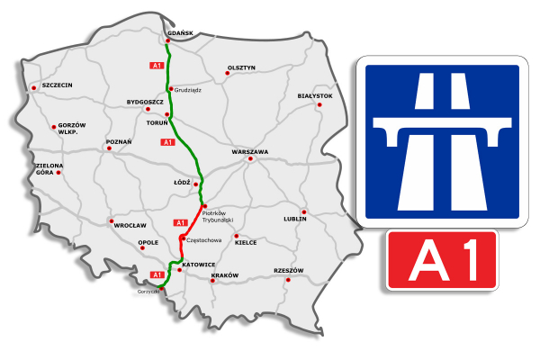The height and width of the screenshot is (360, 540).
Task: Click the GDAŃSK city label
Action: tap(181, 33)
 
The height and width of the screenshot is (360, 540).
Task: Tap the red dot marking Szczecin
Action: tap(34, 88)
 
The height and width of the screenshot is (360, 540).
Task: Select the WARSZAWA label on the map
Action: tap(249, 152)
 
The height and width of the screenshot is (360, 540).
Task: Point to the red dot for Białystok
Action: tap(319, 103)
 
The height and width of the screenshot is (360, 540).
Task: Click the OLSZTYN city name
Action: tap(242, 67)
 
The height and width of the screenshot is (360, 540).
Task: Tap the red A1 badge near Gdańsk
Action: tap(157, 67)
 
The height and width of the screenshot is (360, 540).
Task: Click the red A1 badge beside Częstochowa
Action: tap(179, 222)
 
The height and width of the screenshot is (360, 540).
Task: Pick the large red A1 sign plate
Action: tap(442, 259)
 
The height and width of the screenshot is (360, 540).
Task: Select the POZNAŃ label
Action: tap(119, 141)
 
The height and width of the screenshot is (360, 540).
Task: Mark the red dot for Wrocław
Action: tap(112, 220)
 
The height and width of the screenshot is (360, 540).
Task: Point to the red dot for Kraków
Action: tap(212, 281)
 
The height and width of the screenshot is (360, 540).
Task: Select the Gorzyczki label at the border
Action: tap(148, 292)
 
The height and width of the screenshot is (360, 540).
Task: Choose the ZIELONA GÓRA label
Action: tap(49, 168)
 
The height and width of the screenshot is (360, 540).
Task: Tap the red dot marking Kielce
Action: tap(236, 236)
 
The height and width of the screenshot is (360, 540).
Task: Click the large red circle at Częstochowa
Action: tap(183, 238)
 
